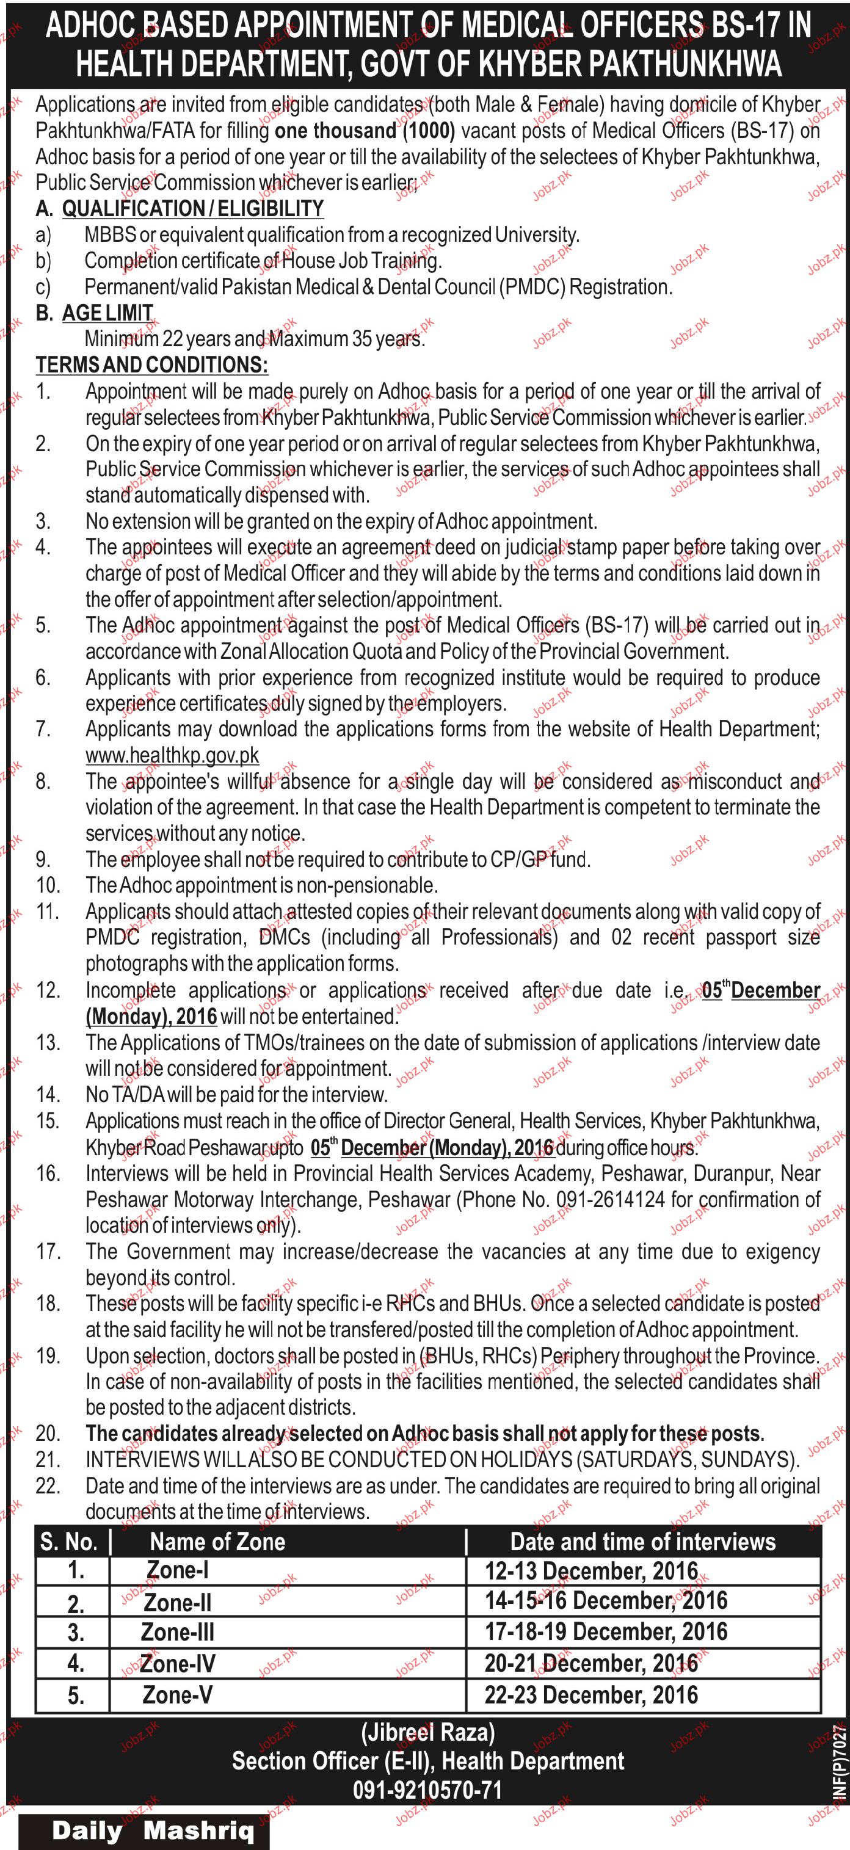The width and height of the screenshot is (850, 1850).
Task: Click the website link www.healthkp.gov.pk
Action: (x=172, y=755)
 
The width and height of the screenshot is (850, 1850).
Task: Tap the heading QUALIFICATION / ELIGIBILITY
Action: (x=192, y=209)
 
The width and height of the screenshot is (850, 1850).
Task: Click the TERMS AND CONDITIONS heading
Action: (x=151, y=365)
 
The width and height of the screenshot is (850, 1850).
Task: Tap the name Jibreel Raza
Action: (x=427, y=1733)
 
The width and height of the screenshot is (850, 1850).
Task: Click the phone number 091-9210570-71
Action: (x=427, y=1790)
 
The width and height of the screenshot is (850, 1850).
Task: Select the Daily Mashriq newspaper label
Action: (x=153, y=1830)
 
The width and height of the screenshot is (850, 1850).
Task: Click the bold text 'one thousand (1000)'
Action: (x=365, y=131)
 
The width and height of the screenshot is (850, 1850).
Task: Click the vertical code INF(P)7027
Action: (x=838, y=1763)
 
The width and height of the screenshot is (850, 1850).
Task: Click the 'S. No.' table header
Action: (x=68, y=1541)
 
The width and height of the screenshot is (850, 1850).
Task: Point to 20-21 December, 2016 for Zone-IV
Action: (x=590, y=1663)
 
